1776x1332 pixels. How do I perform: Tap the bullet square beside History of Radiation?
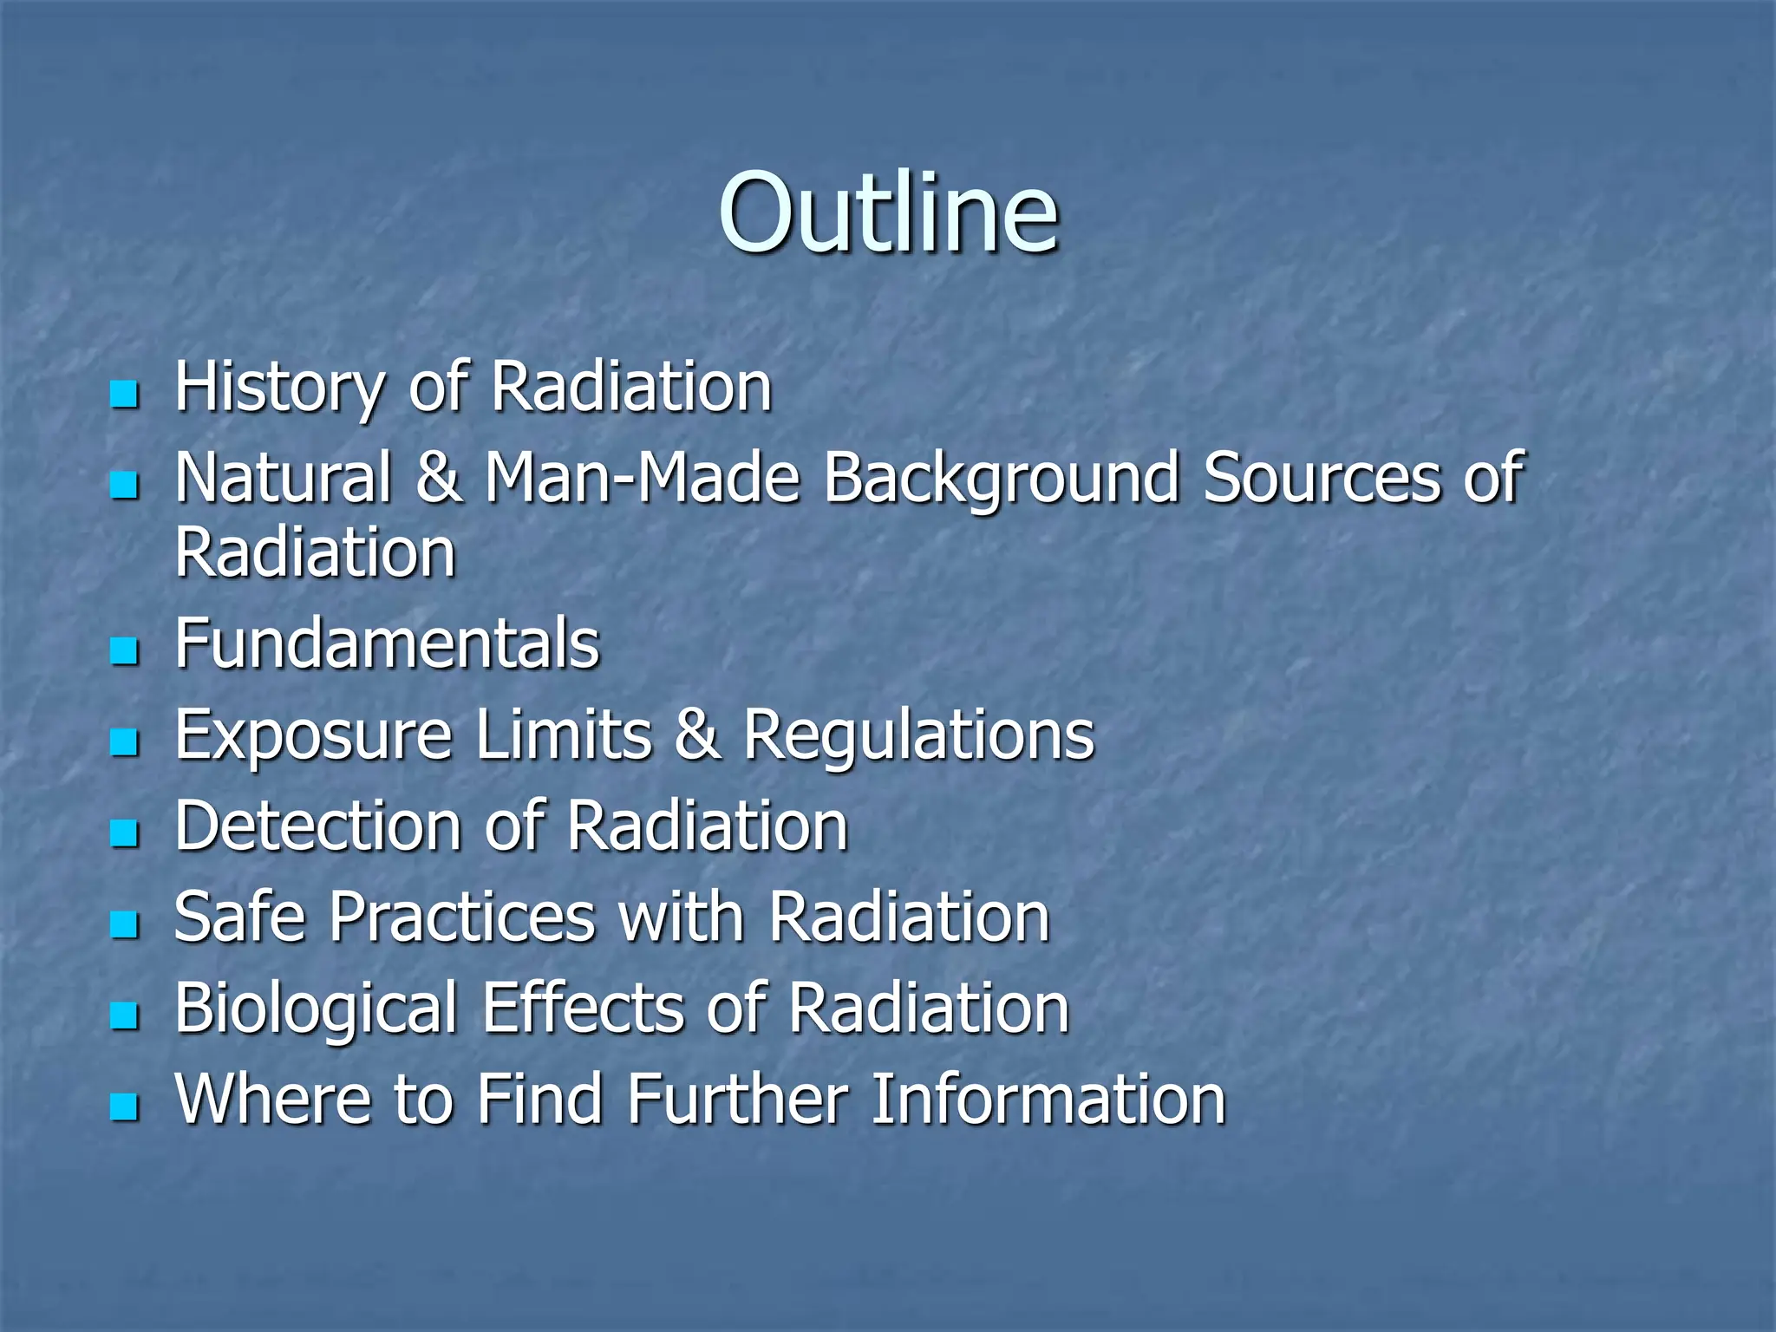[x=125, y=395]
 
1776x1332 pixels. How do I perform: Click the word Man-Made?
[x=642, y=478]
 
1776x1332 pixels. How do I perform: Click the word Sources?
[x=1322, y=478]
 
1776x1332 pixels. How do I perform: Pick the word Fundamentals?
[x=387, y=643]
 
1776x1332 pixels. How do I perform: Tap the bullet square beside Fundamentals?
[x=125, y=650]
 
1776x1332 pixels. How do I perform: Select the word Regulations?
[x=919, y=735]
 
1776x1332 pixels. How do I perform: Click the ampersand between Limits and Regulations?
[x=697, y=735]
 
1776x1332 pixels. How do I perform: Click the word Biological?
[x=316, y=1009]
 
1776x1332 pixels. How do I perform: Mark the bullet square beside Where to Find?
[x=125, y=1107]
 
